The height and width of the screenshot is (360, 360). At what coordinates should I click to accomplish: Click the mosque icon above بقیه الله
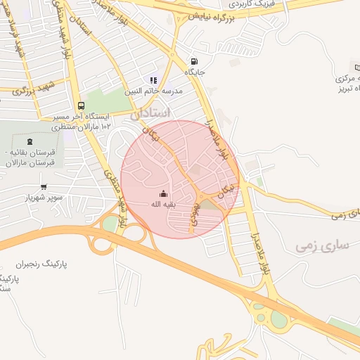163,193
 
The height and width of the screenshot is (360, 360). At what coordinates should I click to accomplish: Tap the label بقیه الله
163,205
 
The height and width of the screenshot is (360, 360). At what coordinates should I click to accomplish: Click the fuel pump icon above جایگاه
194,61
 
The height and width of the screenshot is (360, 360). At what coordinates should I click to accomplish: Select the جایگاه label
194,72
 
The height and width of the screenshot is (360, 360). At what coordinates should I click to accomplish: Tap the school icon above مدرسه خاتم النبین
153,80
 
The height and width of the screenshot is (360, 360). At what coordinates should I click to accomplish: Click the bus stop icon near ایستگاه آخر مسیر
82,105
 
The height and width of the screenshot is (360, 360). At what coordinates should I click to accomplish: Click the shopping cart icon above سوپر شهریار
44,187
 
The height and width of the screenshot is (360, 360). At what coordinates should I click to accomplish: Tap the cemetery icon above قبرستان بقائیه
29,141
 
